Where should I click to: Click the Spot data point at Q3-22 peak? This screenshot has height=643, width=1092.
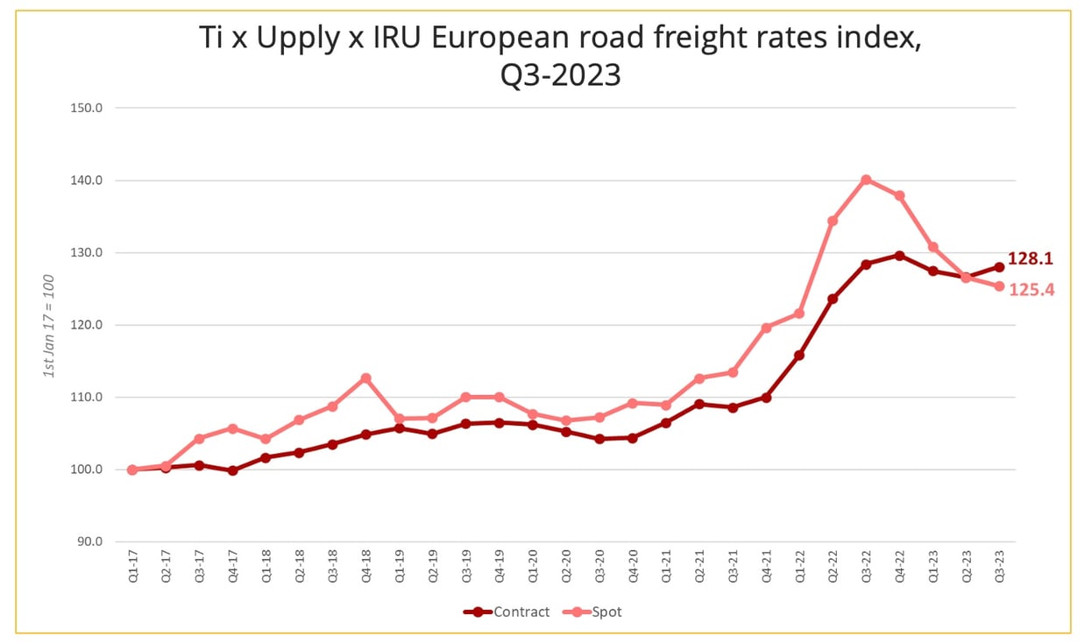coord(866,180)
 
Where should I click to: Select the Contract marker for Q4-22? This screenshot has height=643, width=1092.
coord(899,255)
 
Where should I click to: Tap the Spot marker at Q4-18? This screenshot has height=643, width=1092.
coord(365,378)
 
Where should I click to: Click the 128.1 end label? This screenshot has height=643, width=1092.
coord(1032,259)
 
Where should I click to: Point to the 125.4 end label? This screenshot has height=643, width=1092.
coord(1032,289)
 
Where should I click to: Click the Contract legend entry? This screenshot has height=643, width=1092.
coord(508,611)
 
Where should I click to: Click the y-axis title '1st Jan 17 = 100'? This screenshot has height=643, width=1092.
coord(50,325)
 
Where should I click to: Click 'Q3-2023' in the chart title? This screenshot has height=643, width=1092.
coord(560,74)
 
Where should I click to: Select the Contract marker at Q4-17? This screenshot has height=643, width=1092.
coord(232,470)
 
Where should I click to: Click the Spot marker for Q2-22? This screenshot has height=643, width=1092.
coord(833,221)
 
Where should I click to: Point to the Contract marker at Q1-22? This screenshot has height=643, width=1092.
coord(799,355)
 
